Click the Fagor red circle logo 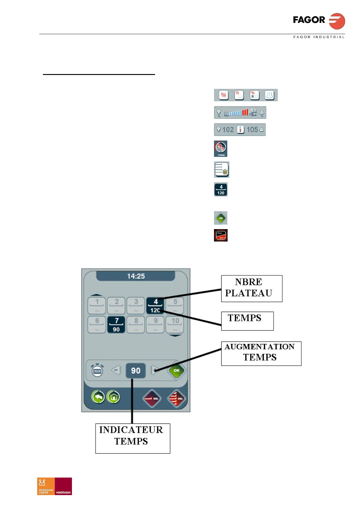point(337,21)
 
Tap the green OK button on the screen point(177,370)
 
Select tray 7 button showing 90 point(116,325)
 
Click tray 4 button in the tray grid point(155,305)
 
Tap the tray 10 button point(175,325)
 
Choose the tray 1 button point(97,305)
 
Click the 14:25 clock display point(136,276)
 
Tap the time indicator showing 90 point(135,371)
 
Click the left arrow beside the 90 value point(116,370)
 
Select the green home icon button point(113,397)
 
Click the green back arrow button point(98,397)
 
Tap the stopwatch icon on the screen point(97,370)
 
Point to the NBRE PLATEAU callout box point(251,288)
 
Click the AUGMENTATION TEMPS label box point(261,353)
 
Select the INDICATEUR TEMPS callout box point(132,438)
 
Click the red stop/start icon point(221,235)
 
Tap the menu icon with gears point(221,148)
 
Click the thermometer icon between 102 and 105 point(240,130)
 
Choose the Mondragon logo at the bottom point(63,486)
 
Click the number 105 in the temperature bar point(252,130)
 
